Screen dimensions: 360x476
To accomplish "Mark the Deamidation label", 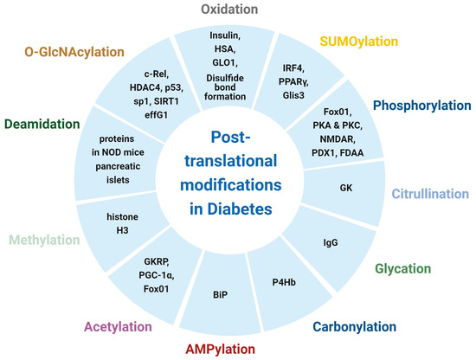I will tap(48, 123).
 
